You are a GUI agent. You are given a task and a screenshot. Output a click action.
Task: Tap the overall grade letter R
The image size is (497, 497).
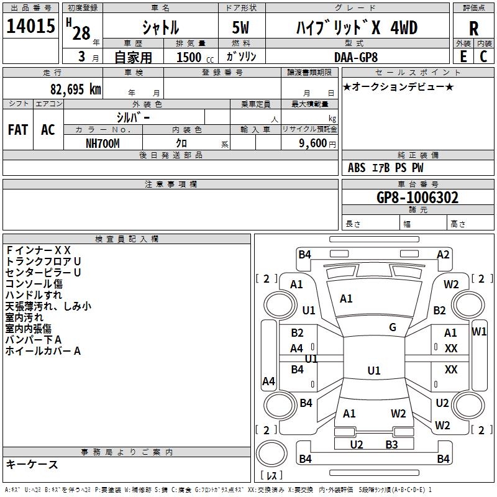(473, 29)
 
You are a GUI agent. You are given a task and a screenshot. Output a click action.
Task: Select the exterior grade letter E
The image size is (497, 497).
(463, 56)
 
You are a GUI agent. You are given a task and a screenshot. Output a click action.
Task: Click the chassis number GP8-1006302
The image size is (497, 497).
(417, 198)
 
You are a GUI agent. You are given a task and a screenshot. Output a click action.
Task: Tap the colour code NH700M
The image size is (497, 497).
(103, 143)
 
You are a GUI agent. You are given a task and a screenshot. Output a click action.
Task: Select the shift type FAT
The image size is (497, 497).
(17, 129)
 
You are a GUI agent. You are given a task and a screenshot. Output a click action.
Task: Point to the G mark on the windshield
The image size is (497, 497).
(393, 327)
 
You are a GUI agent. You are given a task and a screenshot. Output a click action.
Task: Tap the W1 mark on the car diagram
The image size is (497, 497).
(479, 331)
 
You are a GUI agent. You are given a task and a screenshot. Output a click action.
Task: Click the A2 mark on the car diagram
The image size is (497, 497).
(443, 254)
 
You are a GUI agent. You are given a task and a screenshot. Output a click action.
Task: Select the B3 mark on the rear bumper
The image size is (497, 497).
(391, 444)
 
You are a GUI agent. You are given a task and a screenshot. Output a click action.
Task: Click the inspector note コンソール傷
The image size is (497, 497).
(34, 284)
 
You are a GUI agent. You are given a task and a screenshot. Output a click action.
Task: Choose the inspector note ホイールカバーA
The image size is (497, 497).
(43, 351)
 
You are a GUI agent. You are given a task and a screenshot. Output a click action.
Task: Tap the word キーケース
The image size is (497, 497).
(32, 464)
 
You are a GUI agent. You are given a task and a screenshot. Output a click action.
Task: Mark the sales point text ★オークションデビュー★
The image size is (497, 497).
(398, 86)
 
